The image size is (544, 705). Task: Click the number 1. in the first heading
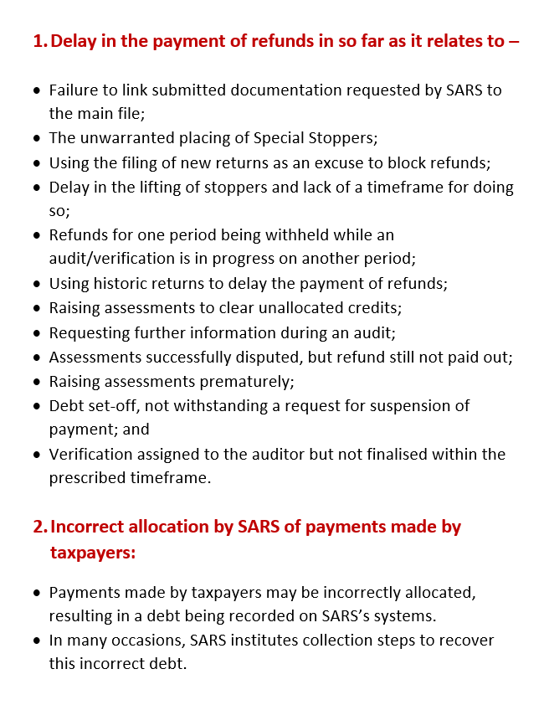tap(39, 41)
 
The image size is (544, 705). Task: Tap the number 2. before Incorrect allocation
tap(40, 527)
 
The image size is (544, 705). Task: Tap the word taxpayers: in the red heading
tap(92, 553)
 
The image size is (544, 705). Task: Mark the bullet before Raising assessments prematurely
tap(36, 381)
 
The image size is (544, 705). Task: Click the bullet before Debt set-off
tap(36, 405)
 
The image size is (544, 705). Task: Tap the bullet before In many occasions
tap(36, 641)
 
